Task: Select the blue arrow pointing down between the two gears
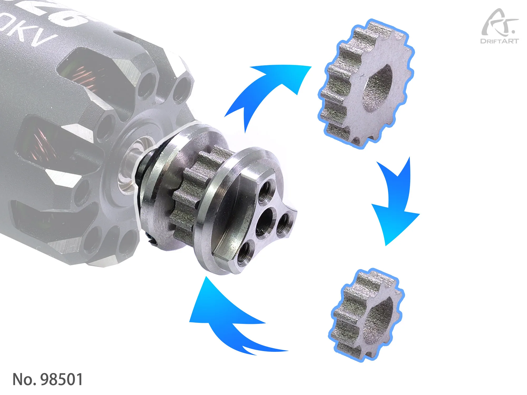point(395,203)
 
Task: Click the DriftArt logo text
point(499,41)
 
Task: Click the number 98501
point(62,379)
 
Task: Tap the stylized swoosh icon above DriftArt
point(498,24)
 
